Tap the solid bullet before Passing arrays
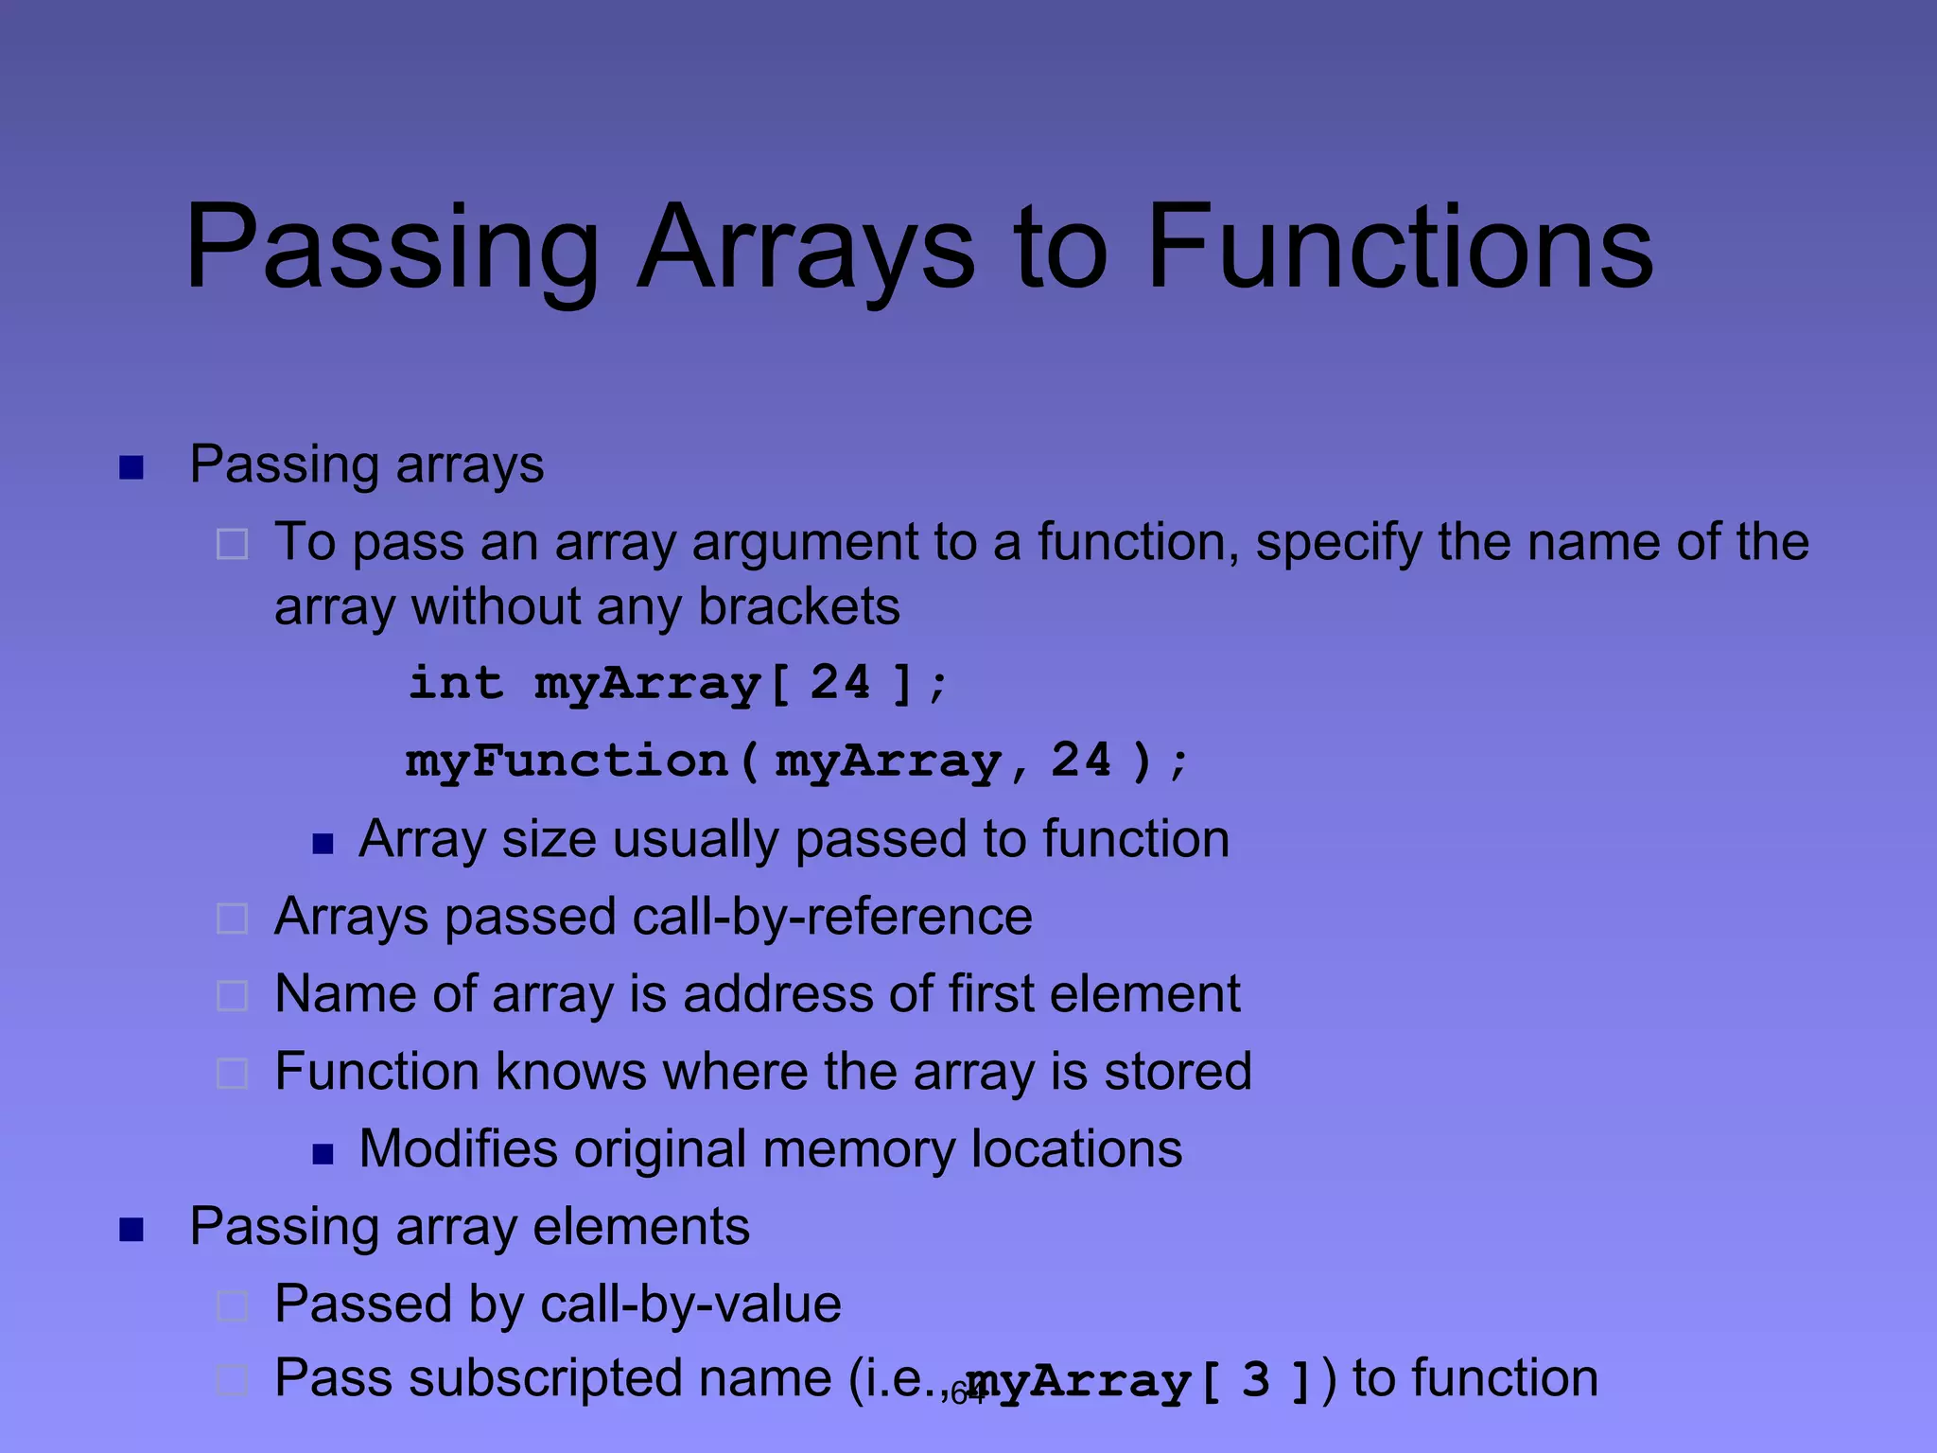click(x=131, y=467)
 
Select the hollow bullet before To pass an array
click(x=233, y=545)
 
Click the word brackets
click(x=798, y=607)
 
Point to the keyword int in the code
click(x=455, y=683)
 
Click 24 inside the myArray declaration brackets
click(x=840, y=683)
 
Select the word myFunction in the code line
click(x=567, y=762)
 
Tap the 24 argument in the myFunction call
click(x=1081, y=761)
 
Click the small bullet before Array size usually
click(x=323, y=844)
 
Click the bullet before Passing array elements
click(x=131, y=1230)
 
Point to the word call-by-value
click(x=690, y=1304)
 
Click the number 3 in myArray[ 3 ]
click(x=1255, y=1380)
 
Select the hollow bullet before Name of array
click(x=233, y=996)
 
